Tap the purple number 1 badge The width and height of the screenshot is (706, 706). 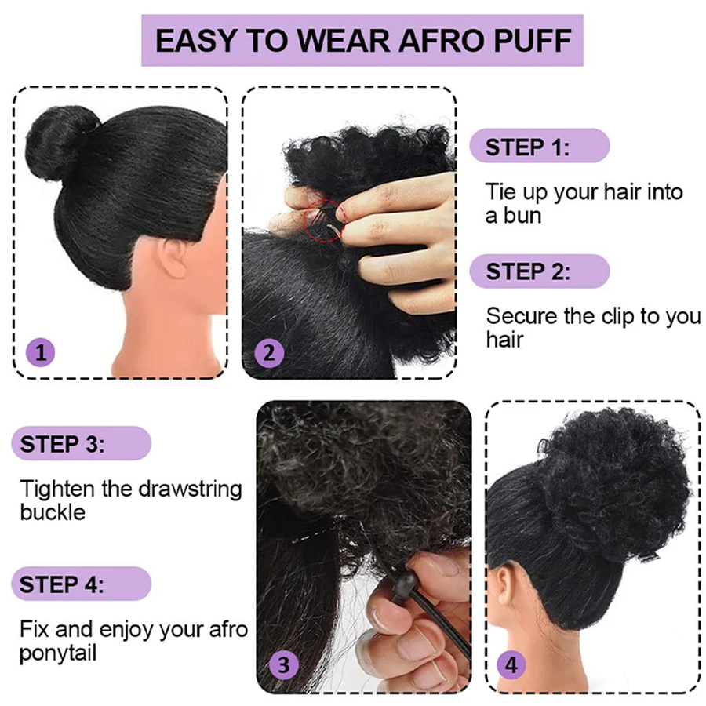click(41, 352)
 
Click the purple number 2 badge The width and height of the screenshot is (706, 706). click(269, 352)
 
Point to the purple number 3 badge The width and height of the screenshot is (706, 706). click(283, 664)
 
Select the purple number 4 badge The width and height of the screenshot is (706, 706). click(511, 665)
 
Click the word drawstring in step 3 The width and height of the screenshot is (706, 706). click(191, 489)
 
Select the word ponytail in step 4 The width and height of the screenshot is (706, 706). click(58, 653)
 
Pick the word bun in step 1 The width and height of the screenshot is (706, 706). click(522, 215)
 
